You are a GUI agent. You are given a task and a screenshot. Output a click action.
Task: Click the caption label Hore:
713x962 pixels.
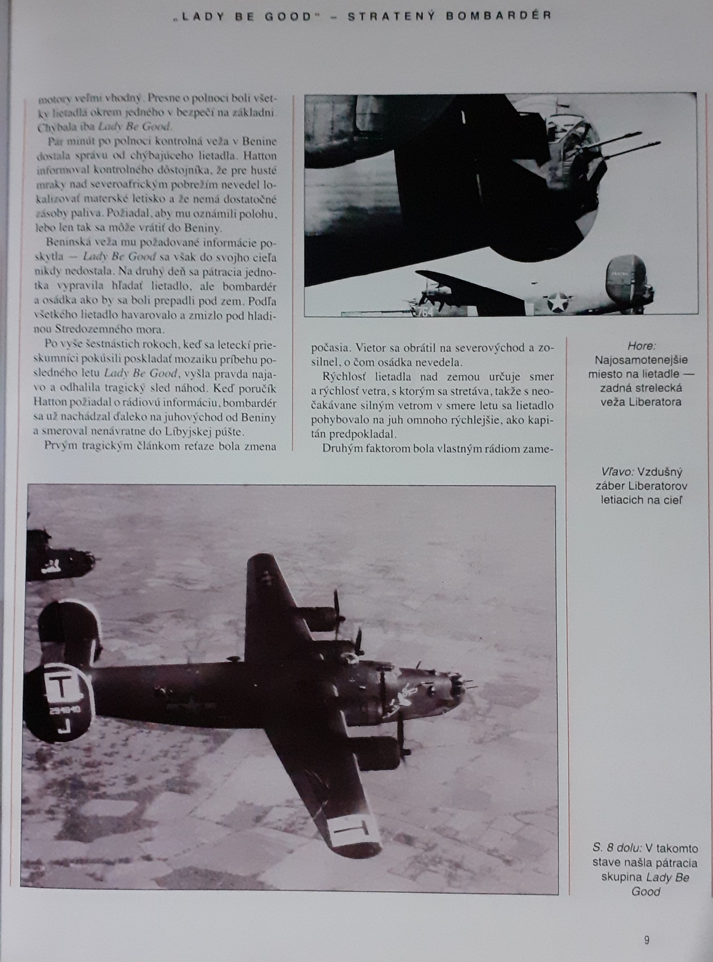(x=641, y=346)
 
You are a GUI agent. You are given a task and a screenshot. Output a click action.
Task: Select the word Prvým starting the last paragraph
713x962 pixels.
(x=60, y=446)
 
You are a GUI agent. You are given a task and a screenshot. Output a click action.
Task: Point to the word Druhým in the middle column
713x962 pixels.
(x=343, y=448)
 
